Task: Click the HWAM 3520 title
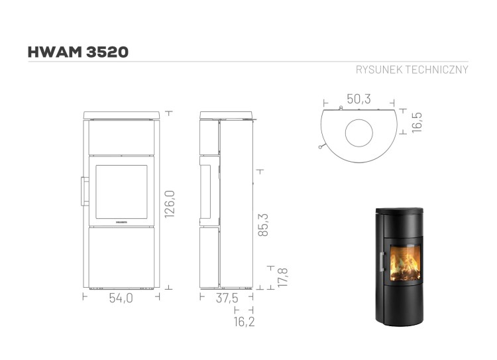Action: point(78,52)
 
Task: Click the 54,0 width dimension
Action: point(120,298)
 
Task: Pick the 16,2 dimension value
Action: point(244,322)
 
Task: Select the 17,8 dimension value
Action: point(282,276)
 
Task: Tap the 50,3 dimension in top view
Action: point(359,99)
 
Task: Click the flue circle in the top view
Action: point(360,133)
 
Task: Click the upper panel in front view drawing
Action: point(120,138)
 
